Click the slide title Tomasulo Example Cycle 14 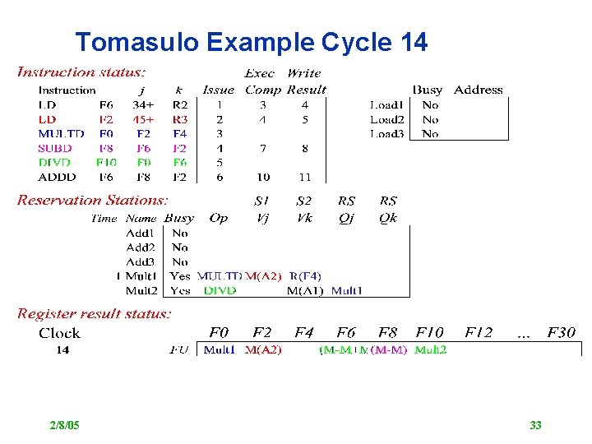click(x=251, y=42)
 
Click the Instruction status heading click(x=83, y=72)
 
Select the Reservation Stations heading click(x=93, y=200)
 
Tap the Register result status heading click(x=95, y=313)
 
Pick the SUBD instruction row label click(x=55, y=148)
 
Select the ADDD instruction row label click(x=57, y=177)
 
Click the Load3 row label click(x=386, y=134)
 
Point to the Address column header click(x=478, y=90)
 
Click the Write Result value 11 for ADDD click(x=304, y=177)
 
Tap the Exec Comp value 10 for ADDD click(x=262, y=177)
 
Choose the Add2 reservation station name click(x=141, y=247)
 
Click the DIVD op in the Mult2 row click(x=220, y=290)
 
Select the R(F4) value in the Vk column click(x=305, y=276)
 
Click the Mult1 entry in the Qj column click(x=346, y=290)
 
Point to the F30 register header click(x=560, y=333)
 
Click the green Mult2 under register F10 click(x=431, y=349)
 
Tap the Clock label click(x=59, y=333)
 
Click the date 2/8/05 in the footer click(x=64, y=425)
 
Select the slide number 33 click(x=535, y=425)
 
